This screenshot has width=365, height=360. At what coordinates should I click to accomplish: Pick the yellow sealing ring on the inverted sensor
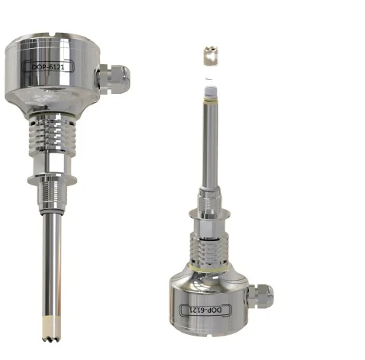[x=211, y=268]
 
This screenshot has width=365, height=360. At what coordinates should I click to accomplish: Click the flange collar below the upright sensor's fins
[x=52, y=178]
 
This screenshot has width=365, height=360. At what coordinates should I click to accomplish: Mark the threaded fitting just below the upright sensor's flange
[x=53, y=197]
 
